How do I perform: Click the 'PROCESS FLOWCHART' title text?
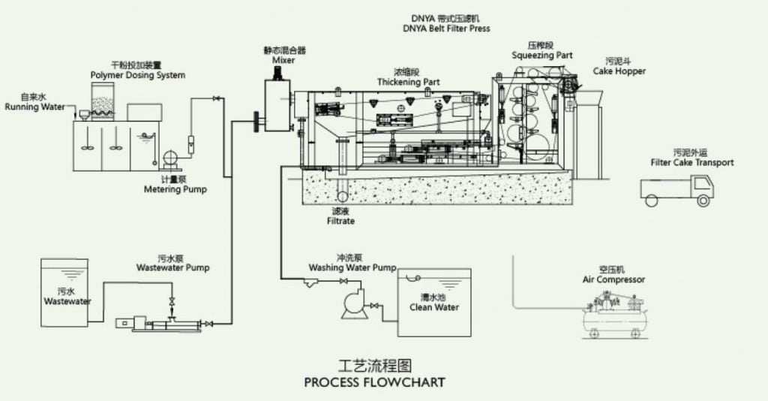(x=374, y=382)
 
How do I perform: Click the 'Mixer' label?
(x=283, y=60)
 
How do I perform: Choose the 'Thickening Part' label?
(x=408, y=82)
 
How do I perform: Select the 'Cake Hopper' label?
(x=619, y=71)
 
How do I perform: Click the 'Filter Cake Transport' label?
(x=692, y=162)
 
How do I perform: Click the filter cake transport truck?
(x=677, y=191)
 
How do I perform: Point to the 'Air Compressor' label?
(x=613, y=279)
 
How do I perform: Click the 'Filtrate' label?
(x=340, y=222)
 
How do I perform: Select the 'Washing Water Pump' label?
(x=352, y=267)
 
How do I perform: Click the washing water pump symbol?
(x=353, y=303)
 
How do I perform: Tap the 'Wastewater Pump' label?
(x=172, y=267)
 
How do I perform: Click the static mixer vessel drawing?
(x=278, y=105)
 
